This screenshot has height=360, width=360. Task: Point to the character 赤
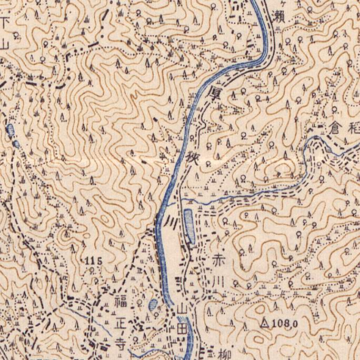218,260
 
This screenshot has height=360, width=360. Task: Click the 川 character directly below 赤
218,281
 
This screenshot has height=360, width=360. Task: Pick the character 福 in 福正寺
119,302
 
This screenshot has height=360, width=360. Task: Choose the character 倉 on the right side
335,127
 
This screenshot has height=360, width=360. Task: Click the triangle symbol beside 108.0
264,322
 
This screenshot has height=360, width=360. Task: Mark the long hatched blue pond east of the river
189,226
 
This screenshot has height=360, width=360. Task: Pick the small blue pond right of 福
153,304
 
